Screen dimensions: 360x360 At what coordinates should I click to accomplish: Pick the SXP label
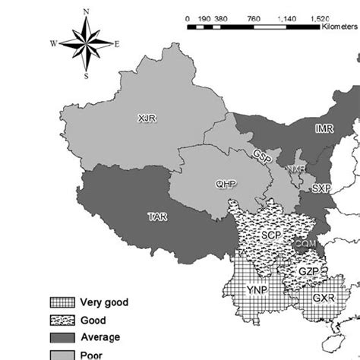(322, 188)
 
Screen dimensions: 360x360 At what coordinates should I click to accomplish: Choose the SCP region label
(272, 236)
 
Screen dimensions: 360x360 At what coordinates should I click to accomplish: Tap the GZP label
(307, 271)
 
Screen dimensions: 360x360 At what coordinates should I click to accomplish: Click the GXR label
(322, 298)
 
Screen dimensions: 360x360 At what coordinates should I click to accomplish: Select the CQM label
(305, 243)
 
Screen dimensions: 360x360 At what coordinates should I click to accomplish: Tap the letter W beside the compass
(54, 43)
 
